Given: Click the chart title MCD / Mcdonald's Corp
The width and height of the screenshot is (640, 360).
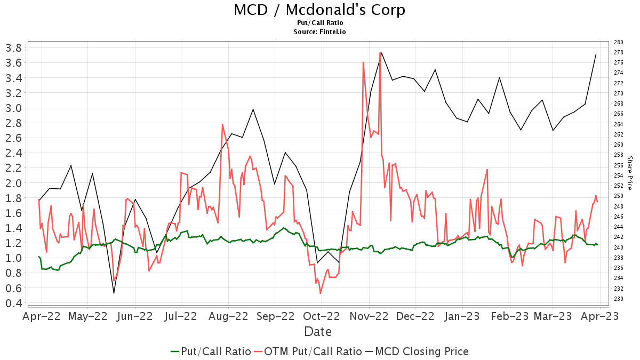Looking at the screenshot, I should tap(319, 10).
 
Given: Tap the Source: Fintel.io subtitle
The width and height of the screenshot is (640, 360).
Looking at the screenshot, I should tap(319, 32).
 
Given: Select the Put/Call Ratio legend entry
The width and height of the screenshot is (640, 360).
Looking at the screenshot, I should tap(211, 351).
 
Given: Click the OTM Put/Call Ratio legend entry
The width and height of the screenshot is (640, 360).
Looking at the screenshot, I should tap(308, 351).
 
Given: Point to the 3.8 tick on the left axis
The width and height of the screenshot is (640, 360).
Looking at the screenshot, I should tap(13, 48).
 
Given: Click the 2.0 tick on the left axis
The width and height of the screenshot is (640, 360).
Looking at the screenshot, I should tap(13, 183).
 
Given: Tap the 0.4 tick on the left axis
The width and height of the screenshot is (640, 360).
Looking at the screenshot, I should tap(13, 303).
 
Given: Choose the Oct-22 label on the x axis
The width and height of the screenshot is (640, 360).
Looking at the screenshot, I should tap(322, 316).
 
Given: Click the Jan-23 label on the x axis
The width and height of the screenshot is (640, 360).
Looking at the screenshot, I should tap(462, 316).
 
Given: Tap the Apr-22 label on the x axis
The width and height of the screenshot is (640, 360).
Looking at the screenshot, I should tap(41, 316).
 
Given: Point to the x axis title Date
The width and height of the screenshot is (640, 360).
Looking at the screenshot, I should tap(318, 332).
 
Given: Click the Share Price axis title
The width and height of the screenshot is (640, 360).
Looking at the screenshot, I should tap(629, 173).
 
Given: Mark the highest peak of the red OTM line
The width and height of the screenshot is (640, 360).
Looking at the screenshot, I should tap(380, 52).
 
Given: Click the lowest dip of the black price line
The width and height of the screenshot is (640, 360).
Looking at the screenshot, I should tap(114, 293).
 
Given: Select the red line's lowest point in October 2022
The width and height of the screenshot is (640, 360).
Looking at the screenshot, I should tap(321, 293).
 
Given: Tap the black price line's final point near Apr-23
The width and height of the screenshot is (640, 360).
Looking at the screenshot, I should tap(596, 54).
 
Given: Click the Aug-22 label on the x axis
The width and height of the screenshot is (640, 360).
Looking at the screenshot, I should tap(228, 316).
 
